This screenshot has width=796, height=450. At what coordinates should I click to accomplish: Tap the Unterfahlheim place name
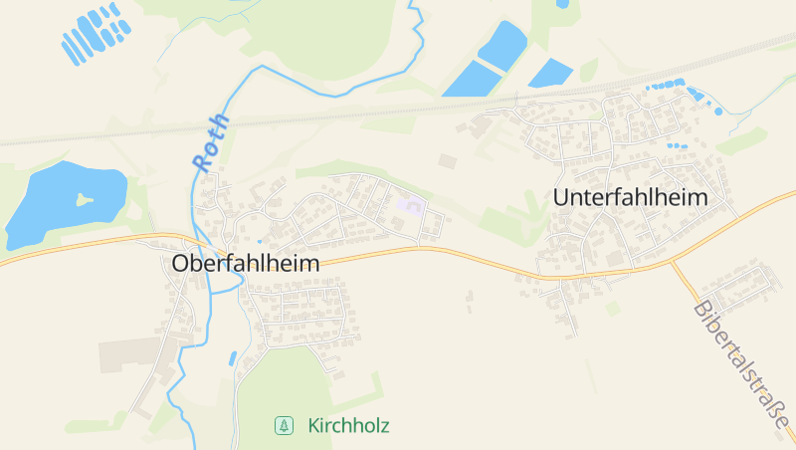pos(630,197)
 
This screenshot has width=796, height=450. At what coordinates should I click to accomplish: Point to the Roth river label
pos(212,143)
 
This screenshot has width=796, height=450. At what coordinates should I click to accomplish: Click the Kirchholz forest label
pos(348,426)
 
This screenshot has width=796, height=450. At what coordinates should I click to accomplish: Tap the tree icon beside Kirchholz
pos(284,426)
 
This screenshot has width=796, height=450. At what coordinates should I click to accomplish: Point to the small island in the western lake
pos(85,199)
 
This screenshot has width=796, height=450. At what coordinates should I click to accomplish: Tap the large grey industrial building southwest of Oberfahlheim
pos(129,353)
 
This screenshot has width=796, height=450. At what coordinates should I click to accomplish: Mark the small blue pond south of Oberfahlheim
pos(233,356)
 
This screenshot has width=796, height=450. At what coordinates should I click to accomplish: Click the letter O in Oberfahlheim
pos(181,264)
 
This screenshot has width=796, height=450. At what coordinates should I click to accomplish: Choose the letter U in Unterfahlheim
pos(561,197)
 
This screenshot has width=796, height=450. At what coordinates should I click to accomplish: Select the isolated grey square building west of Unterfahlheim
pos(447,160)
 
